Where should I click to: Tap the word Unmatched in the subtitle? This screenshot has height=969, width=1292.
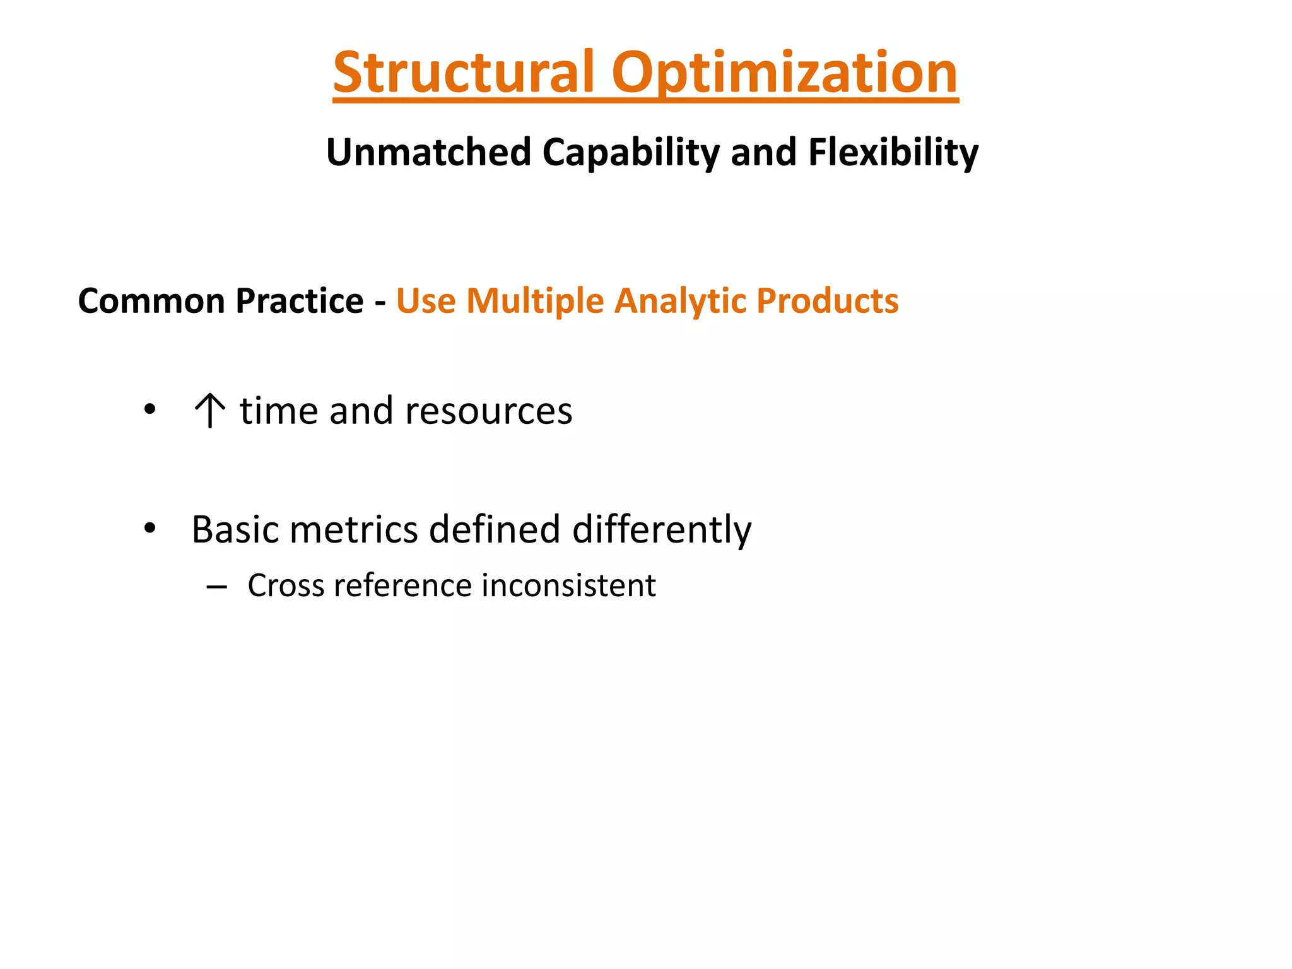coord(428,153)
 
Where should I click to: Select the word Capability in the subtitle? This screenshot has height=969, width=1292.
coord(630,153)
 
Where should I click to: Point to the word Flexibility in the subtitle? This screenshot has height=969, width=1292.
coord(893,153)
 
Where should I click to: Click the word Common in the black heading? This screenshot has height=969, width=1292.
coord(151,301)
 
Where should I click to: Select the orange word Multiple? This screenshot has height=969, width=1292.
coord(535,301)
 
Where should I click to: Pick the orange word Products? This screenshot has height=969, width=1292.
coord(827,301)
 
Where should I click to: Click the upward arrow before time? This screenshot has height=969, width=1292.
coord(209,411)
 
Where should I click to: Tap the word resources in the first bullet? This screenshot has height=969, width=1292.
coord(488,411)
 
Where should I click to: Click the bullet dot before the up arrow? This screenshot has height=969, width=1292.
coord(150,410)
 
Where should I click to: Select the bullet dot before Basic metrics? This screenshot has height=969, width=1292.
coord(150,528)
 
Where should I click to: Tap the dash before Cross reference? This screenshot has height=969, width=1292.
coord(216,587)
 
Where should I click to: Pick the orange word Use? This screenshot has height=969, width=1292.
coord(426,301)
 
